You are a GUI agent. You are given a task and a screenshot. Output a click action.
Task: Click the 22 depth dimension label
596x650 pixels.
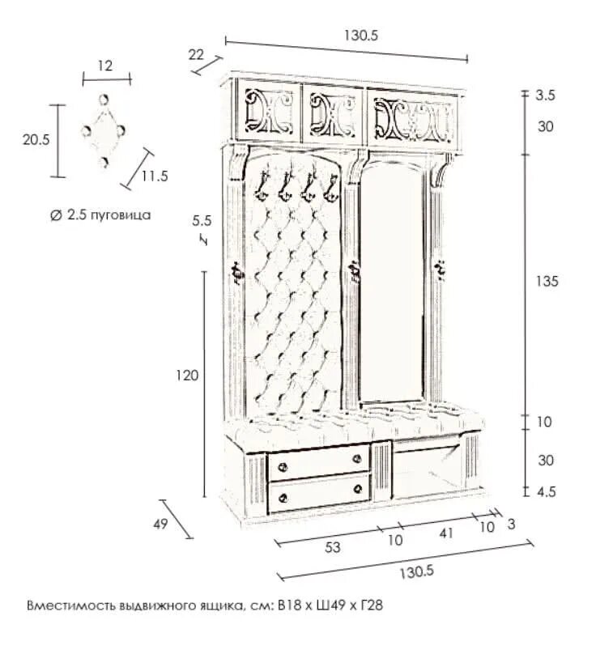(x=196, y=54)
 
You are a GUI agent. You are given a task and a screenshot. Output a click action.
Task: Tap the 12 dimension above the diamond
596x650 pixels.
(x=105, y=66)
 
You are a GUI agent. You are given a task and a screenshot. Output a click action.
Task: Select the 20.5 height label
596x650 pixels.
(x=36, y=139)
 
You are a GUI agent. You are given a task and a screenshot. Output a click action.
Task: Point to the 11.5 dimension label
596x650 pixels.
(x=153, y=176)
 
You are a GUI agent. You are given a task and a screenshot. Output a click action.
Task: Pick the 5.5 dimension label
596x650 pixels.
(x=202, y=219)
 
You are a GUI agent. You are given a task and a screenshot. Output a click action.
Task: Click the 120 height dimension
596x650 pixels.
(x=186, y=376)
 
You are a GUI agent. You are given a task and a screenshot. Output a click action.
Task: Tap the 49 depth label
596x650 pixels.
(x=160, y=524)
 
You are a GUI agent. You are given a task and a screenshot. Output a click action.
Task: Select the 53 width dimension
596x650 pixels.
(x=332, y=547)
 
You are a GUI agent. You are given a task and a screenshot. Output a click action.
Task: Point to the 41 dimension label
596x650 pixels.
(x=446, y=533)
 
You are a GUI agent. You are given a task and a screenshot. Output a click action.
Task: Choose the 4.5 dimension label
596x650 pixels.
(x=547, y=491)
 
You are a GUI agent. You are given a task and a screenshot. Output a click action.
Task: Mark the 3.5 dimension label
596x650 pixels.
(x=546, y=95)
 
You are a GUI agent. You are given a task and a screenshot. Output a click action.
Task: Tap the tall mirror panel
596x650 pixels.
(x=392, y=283)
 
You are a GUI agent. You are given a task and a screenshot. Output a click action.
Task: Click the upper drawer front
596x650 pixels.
(x=319, y=461)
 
